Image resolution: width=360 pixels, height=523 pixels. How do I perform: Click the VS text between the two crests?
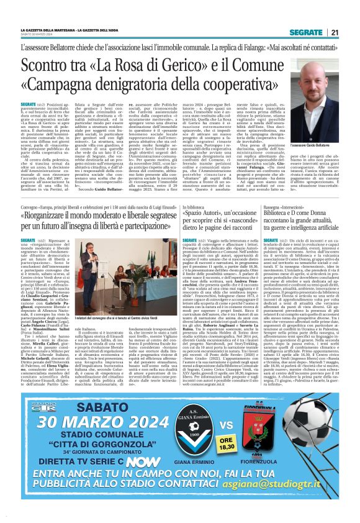pos(261,412)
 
